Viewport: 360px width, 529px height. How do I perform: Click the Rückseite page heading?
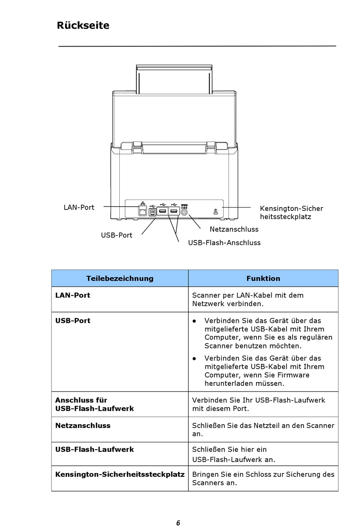click(x=83, y=25)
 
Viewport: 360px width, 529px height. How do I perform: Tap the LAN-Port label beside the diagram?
click(x=79, y=208)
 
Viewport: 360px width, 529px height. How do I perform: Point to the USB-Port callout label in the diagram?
click(x=116, y=235)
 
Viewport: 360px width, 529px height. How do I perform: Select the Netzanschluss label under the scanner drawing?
click(x=234, y=229)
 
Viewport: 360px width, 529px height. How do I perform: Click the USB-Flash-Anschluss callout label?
click(x=224, y=243)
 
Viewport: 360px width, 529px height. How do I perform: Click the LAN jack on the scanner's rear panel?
click(x=142, y=211)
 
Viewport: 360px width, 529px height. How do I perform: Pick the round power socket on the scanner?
click(x=184, y=212)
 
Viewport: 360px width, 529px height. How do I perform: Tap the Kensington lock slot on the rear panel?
click(x=216, y=212)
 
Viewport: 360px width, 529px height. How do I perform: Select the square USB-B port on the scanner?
click(x=152, y=212)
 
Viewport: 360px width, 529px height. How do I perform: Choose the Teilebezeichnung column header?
click(x=120, y=278)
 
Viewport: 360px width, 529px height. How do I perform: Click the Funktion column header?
click(x=263, y=278)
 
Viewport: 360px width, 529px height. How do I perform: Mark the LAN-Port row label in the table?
click(x=73, y=295)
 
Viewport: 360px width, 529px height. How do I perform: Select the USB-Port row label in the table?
click(x=73, y=321)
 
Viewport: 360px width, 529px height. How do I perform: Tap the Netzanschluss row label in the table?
click(x=83, y=426)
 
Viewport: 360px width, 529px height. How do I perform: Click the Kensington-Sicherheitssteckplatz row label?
click(x=120, y=474)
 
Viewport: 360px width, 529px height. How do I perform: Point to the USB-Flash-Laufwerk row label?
click(x=95, y=449)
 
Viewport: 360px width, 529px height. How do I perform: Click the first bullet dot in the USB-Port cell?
click(x=194, y=321)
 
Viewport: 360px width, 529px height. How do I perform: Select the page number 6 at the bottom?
click(x=178, y=523)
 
